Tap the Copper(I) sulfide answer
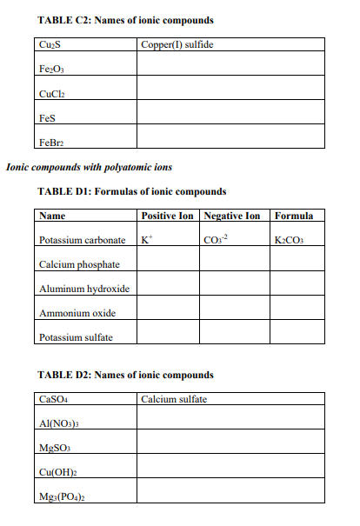pyautogui.click(x=177, y=43)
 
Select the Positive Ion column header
pyautogui.click(x=168, y=216)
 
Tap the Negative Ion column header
pyautogui.click(x=231, y=216)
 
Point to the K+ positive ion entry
pyautogui.click(x=146, y=239)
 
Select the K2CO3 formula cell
pyautogui.click(x=290, y=239)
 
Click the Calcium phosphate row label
pyautogui.click(x=77, y=264)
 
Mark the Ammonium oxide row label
pyautogui.click(x=77, y=313)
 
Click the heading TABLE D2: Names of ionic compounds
pyautogui.click(x=126, y=375)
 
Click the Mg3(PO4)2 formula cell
pyautogui.click(x=60, y=496)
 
